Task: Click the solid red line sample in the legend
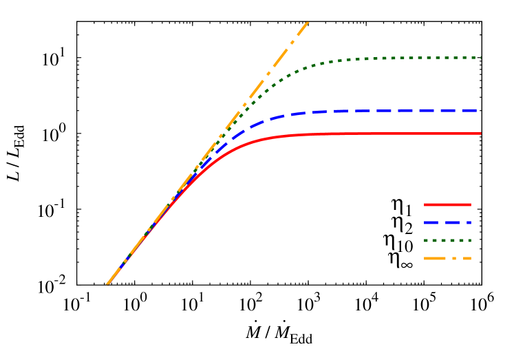[447, 204]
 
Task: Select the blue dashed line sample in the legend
[447, 222]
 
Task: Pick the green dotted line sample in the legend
[447, 241]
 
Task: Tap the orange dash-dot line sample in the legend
[447, 259]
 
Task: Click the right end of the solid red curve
[480, 133]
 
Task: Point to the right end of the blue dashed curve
[478, 110]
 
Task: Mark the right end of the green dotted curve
[480, 57]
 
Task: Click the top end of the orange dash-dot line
[308, 22]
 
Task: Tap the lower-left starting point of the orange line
[107, 284]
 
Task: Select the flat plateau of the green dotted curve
[413, 57]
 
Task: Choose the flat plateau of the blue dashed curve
[399, 110]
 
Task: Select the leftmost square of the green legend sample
[426, 241]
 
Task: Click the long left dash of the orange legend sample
[435, 259]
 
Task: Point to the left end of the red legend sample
[425, 204]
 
